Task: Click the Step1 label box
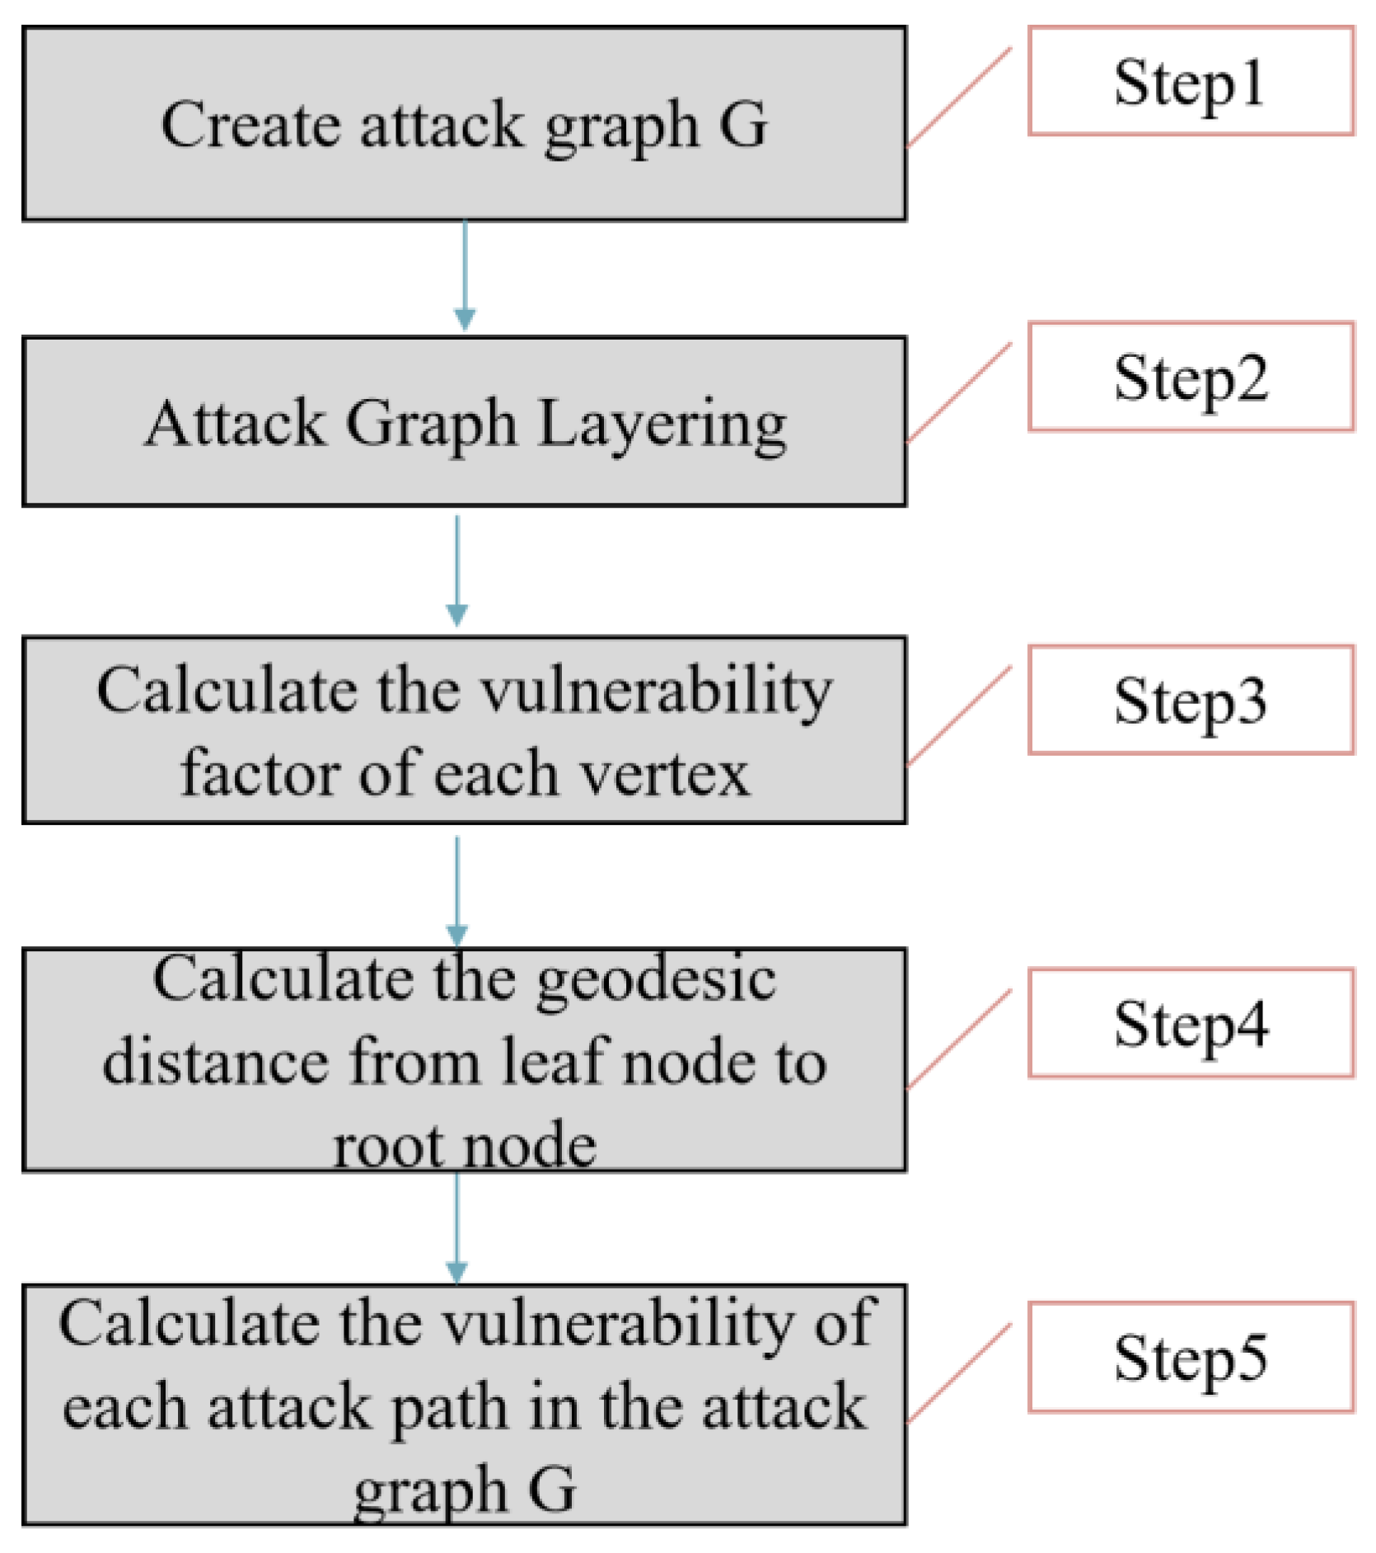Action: click(x=1190, y=81)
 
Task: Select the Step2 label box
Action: click(x=1190, y=377)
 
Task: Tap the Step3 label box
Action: click(x=1190, y=700)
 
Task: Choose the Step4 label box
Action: click(x=1190, y=1023)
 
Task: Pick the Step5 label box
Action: click(x=1190, y=1357)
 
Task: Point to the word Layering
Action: click(x=662, y=425)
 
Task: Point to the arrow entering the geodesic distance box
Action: click(x=457, y=890)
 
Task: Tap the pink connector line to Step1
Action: click(x=959, y=97)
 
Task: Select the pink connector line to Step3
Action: click(x=959, y=716)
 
